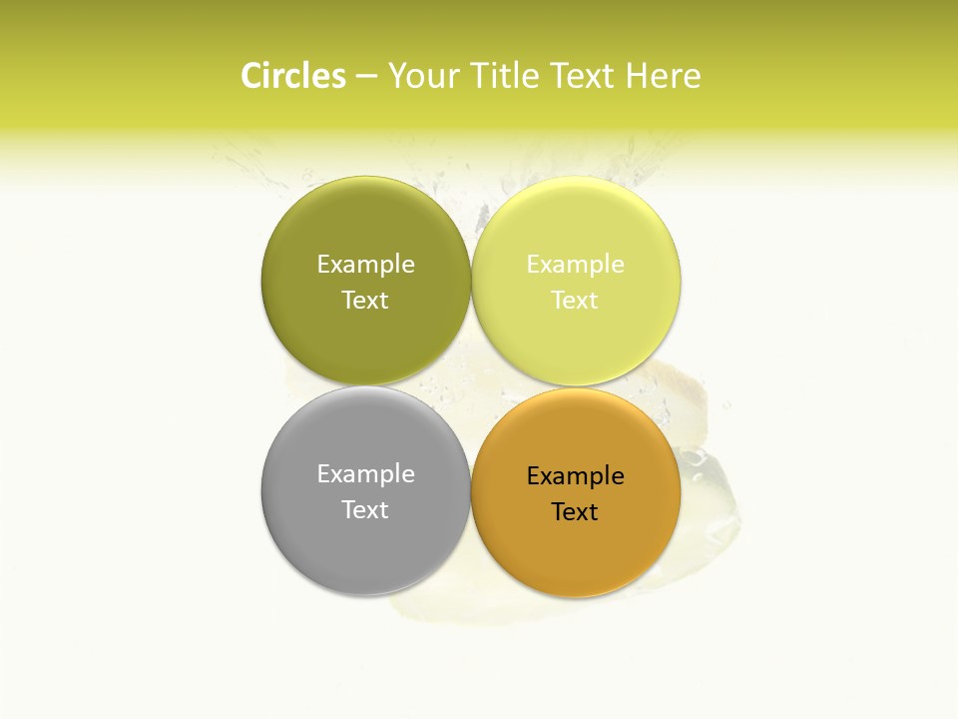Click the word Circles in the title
pyautogui.click(x=292, y=76)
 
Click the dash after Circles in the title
pyautogui.click(x=366, y=77)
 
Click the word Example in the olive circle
pyautogui.click(x=365, y=264)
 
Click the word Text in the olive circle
pyautogui.click(x=365, y=300)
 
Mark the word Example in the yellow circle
pyautogui.click(x=575, y=264)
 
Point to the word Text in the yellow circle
pyautogui.click(x=575, y=300)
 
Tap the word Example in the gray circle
pyautogui.click(x=365, y=473)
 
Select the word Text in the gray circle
pyautogui.click(x=365, y=509)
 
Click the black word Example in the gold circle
pyautogui.click(x=575, y=475)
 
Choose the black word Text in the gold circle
pyautogui.click(x=575, y=511)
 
